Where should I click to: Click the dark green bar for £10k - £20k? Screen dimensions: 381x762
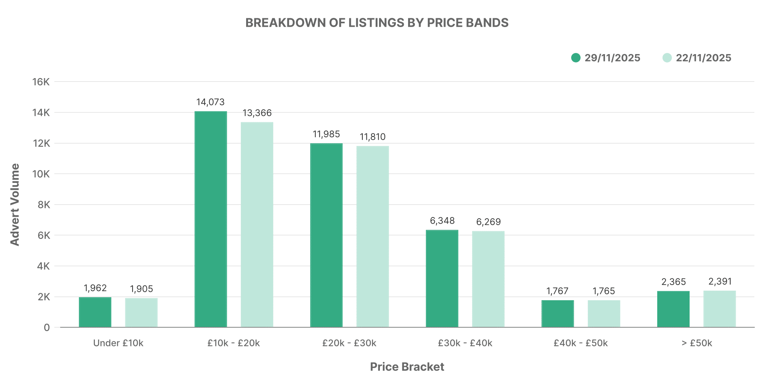(211, 219)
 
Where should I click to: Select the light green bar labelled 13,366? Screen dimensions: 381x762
(257, 225)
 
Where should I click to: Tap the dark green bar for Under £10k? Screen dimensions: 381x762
(95, 312)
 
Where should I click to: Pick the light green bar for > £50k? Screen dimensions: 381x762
(719, 309)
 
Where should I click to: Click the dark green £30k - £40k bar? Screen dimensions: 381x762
(442, 279)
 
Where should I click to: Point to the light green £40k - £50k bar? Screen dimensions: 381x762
(604, 314)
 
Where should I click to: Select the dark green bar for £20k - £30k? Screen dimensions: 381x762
(326, 235)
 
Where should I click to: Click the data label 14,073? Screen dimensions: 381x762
(210, 102)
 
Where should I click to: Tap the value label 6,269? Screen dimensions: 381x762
(488, 222)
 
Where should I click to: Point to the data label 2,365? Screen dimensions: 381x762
(673, 282)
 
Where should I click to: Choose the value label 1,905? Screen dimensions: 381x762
(141, 289)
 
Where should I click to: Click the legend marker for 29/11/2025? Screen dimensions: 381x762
(576, 58)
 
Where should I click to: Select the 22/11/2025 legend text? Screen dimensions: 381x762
(703, 58)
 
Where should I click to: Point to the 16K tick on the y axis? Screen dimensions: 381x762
(41, 82)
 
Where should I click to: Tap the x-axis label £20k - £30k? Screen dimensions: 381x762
(349, 343)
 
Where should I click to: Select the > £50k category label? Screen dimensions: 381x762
(696, 343)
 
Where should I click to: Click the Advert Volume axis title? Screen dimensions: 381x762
(14, 205)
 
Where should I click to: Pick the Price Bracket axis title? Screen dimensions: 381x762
(407, 367)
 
